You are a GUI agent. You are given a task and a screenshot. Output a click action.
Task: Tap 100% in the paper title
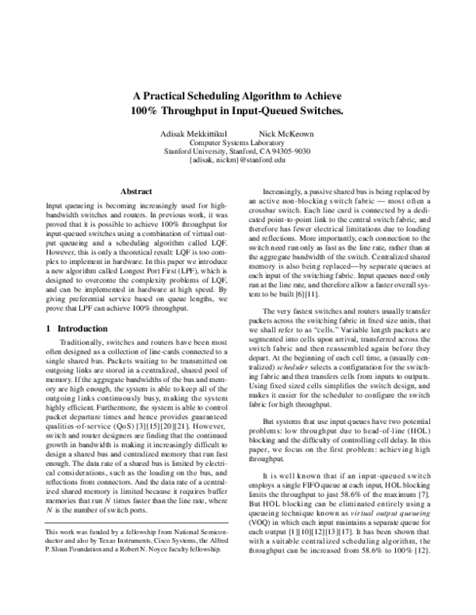tap(147, 110)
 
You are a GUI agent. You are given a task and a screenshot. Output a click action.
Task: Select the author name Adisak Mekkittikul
tap(186, 132)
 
